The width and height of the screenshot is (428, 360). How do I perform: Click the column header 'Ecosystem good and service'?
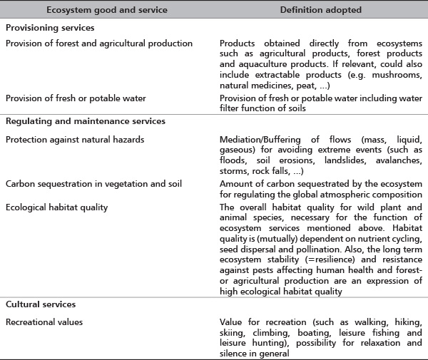point(106,10)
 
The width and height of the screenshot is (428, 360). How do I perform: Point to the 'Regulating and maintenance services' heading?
point(85,121)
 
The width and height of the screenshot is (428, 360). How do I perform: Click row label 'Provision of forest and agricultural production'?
point(98,43)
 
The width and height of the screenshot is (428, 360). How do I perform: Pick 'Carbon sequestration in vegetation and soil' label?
point(93,185)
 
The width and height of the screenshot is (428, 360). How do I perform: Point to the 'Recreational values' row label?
point(44,322)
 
